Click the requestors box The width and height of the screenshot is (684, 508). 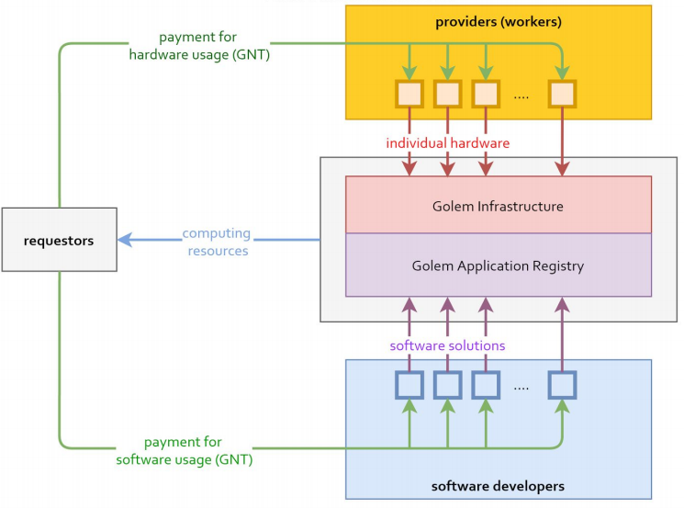click(x=60, y=241)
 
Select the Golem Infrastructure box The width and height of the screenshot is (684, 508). click(x=498, y=206)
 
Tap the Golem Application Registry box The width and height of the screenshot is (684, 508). click(x=498, y=266)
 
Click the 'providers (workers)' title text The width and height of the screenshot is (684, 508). click(x=498, y=20)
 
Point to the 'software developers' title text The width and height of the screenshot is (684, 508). click(x=497, y=485)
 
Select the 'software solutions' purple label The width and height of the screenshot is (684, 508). click(x=447, y=345)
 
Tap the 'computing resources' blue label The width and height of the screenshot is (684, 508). click(x=217, y=242)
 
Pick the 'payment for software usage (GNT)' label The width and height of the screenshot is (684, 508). click(x=185, y=450)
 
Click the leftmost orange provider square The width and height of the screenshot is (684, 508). click(x=409, y=94)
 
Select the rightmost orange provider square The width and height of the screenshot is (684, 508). click(x=561, y=94)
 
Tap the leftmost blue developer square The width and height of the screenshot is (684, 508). click(x=409, y=385)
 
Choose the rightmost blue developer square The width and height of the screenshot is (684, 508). click(x=561, y=385)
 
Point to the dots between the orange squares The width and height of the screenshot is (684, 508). click(x=521, y=96)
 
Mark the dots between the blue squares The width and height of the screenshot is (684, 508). click(x=521, y=387)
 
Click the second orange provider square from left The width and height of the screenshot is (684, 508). click(x=447, y=94)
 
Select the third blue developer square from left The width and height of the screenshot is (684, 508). click(x=486, y=385)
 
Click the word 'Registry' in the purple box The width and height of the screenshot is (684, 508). click(x=557, y=266)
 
